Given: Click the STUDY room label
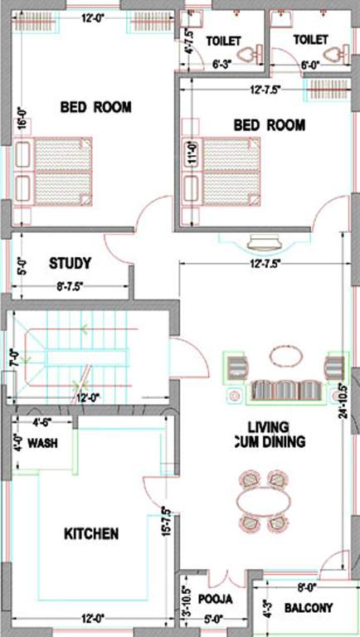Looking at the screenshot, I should (x=70, y=264).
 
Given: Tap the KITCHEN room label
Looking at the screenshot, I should (x=91, y=533).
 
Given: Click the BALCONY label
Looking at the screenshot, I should (x=309, y=608).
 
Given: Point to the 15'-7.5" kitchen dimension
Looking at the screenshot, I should (x=167, y=522).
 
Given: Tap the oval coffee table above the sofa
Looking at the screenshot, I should (x=287, y=354).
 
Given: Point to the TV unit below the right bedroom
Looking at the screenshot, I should (x=265, y=241).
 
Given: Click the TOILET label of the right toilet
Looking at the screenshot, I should (x=311, y=39).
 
